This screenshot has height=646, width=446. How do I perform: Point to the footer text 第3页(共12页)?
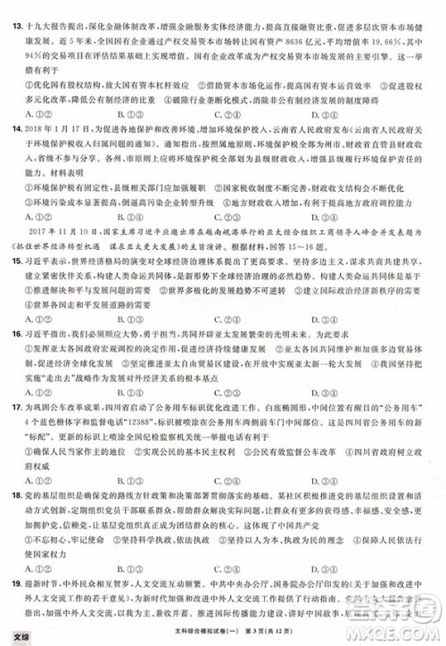[264, 634]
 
